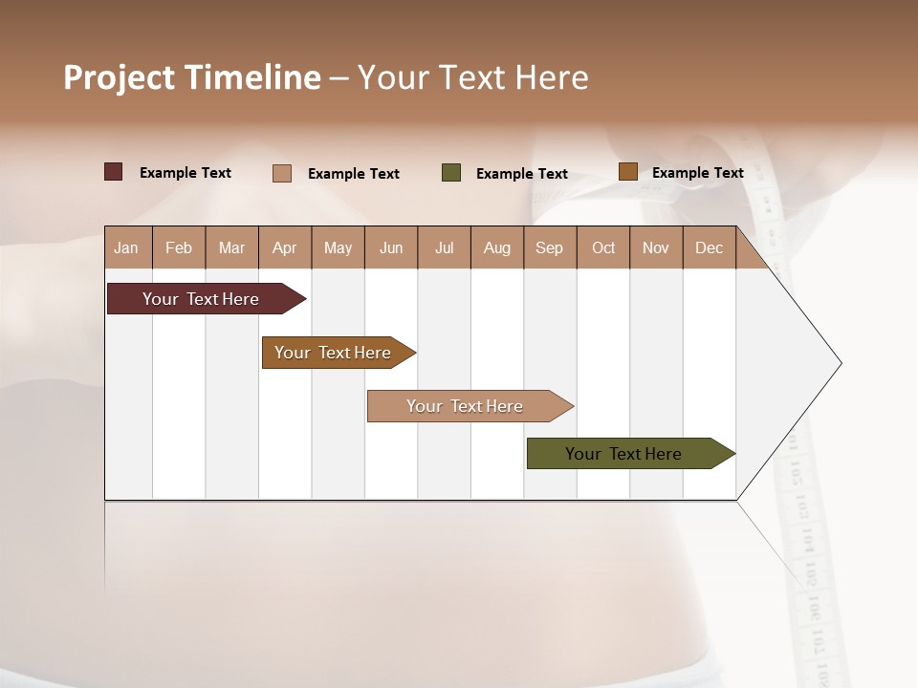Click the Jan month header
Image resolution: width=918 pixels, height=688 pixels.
pos(127,247)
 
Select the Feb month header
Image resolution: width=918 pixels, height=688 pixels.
pos(179,247)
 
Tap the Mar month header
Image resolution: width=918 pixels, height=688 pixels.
pos(231,247)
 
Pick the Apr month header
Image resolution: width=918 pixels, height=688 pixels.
pos(285,247)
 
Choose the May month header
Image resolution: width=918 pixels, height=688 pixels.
pos(338,247)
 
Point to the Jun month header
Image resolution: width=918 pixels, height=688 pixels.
pos(391,247)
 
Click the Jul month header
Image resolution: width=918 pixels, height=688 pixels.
pos(444,247)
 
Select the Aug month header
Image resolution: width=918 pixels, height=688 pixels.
pos(497,247)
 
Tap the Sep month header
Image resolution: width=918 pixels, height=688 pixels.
pos(550,247)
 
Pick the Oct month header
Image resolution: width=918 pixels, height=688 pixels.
pos(603,247)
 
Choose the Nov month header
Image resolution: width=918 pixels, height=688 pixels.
pos(656,247)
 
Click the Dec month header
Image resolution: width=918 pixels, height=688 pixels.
pos(710,247)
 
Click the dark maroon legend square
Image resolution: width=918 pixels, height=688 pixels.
pos(114,172)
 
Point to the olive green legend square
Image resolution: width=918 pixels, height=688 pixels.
pos(451,173)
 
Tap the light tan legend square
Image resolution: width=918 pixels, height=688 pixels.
pos(282,173)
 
